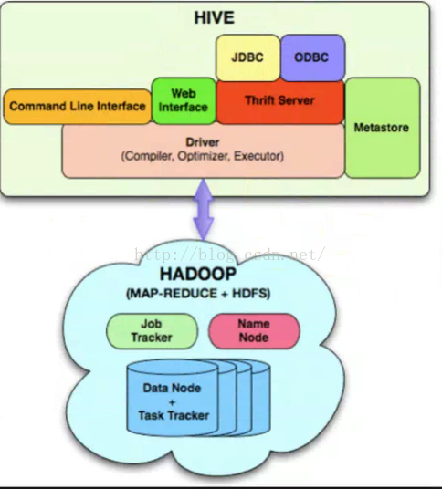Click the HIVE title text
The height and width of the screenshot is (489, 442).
coord(214,17)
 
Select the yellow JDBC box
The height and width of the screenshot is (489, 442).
coord(247,57)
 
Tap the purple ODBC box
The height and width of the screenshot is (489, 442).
coord(312,57)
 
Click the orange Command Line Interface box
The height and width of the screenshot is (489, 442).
coord(77,107)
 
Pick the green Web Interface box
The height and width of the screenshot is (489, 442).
coord(184,100)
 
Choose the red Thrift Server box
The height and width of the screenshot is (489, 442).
coord(280,102)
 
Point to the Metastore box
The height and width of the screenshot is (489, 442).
coord(383,128)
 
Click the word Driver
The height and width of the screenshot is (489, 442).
coord(203,142)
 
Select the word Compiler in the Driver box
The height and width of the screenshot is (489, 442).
coord(147,156)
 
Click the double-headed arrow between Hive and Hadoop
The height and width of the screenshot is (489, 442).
coord(204,210)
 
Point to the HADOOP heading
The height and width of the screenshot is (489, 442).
coord(198,274)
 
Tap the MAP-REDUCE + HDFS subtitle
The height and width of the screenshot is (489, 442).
coord(198,294)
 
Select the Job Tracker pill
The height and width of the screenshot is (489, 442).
coord(152,331)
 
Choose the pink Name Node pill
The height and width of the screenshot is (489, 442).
coord(254,331)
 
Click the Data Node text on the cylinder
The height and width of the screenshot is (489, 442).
coord(172,388)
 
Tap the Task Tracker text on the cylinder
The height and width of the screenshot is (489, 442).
coord(174,415)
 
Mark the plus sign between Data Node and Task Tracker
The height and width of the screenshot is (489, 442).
coord(172,402)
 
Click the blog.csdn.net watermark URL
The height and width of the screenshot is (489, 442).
coord(230,255)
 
